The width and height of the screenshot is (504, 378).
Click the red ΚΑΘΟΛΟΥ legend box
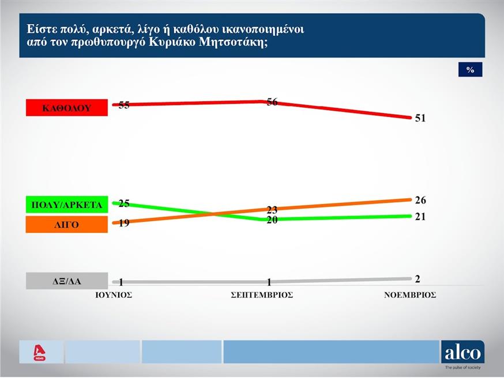(x=67, y=108)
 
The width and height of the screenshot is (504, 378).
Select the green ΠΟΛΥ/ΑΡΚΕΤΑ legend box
(x=67, y=205)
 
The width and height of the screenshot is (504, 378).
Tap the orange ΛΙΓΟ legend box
(x=67, y=224)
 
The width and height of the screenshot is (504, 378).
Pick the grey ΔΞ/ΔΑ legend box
(x=67, y=281)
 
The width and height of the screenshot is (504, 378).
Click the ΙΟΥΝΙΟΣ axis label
(x=114, y=294)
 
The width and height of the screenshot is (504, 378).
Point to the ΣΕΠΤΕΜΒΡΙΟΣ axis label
(x=262, y=294)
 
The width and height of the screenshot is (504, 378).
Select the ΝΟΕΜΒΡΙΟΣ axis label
(x=410, y=294)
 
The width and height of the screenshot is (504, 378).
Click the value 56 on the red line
(x=272, y=102)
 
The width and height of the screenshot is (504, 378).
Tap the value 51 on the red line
(x=420, y=118)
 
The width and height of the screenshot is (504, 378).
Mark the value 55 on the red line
(x=124, y=105)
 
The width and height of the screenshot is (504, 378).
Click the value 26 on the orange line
(x=420, y=201)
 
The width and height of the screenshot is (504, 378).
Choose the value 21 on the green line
(x=420, y=216)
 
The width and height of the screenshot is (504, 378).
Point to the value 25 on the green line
(x=124, y=203)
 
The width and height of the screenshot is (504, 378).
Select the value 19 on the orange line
(x=124, y=223)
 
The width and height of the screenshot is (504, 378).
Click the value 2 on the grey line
(x=418, y=279)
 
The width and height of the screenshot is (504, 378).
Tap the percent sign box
(x=470, y=70)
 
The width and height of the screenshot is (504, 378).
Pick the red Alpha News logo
(x=40, y=351)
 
